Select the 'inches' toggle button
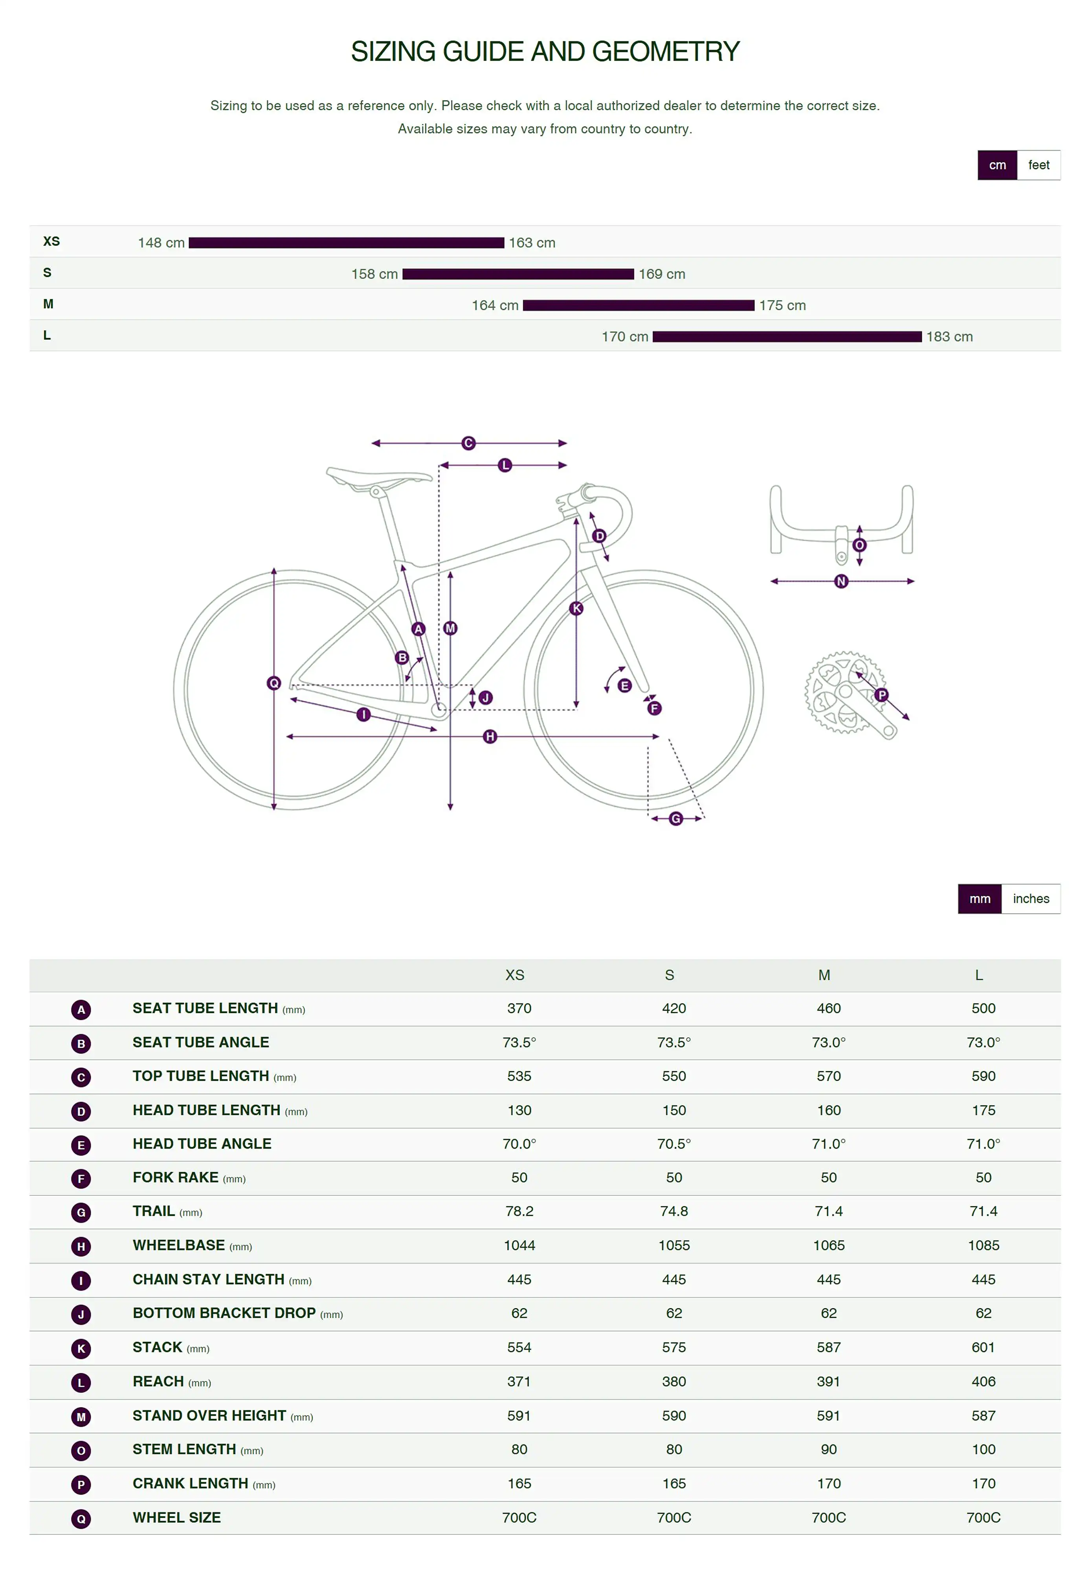pyautogui.click(x=1031, y=899)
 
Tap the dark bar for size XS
pyautogui.click(x=346, y=243)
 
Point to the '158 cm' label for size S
pyautogui.click(x=374, y=274)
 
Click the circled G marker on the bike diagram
pyautogui.click(x=675, y=819)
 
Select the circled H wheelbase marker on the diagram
pyautogui.click(x=490, y=737)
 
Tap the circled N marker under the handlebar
pyautogui.click(x=841, y=582)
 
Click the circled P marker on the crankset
pyautogui.click(x=882, y=695)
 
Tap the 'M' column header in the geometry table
pyautogui.click(x=824, y=975)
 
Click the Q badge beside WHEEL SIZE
pyautogui.click(x=81, y=1518)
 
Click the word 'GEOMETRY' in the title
pyautogui.click(x=666, y=52)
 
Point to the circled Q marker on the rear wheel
pyautogui.click(x=274, y=683)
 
